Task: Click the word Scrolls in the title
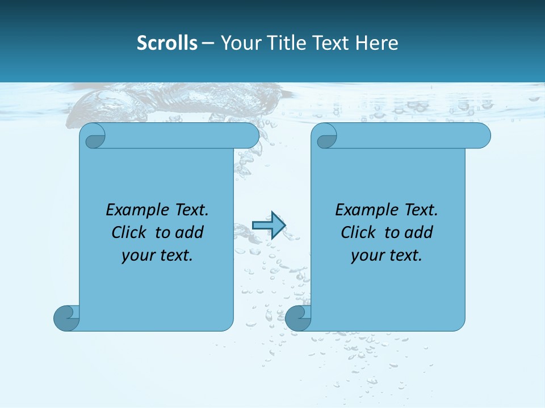click(167, 43)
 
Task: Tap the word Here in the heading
click(376, 43)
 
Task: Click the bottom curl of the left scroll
click(66, 318)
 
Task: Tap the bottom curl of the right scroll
click(298, 318)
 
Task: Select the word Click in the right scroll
click(358, 233)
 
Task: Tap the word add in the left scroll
click(190, 233)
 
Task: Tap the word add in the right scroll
click(419, 233)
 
